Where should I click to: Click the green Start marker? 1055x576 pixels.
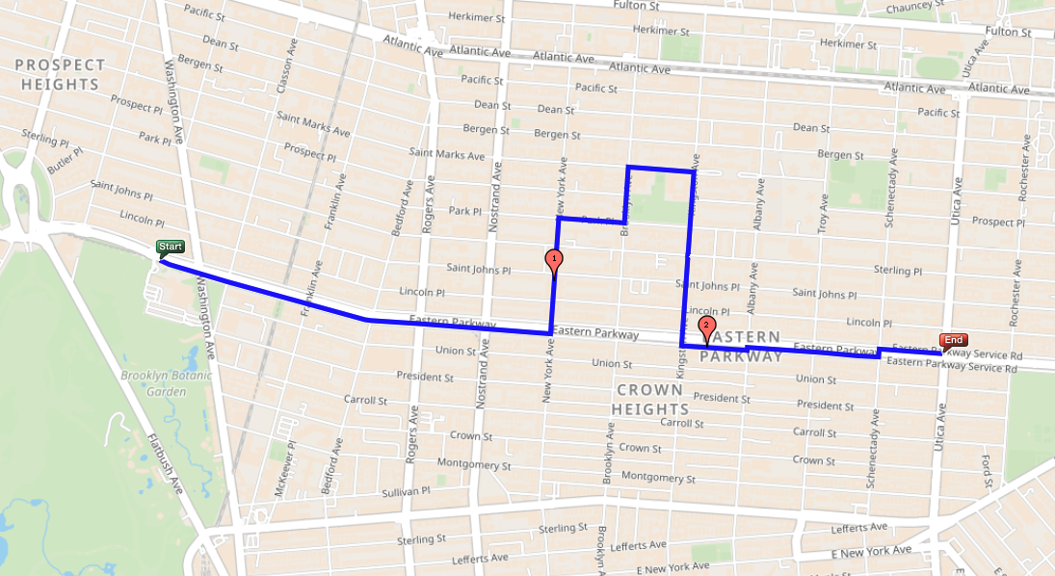point(171,248)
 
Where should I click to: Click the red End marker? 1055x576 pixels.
point(954,340)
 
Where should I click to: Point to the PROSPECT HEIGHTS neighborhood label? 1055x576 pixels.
point(60,74)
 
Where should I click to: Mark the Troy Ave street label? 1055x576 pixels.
point(823,213)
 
